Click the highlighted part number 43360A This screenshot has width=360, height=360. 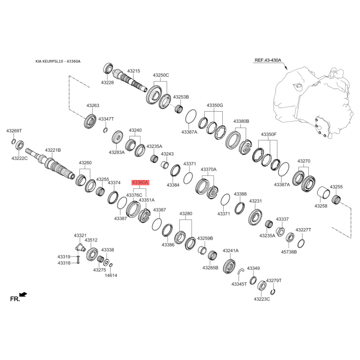pos(140,183)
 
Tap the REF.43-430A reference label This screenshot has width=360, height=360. pos(268,60)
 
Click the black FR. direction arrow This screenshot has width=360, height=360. pos(23,294)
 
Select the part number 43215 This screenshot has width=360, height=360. pos(134,71)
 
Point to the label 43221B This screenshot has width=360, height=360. pos(53,150)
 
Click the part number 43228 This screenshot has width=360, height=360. pos(108,82)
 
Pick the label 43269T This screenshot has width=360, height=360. pos(14,131)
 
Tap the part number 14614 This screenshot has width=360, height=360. pos(111,275)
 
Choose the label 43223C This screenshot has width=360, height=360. pos(262,299)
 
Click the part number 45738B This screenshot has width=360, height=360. pos(289,252)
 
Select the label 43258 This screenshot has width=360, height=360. pos(321,206)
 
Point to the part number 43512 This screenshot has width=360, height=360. pos(91,240)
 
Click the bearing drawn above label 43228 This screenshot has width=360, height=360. pos(108,68)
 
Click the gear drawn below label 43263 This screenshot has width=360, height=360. pos(90,121)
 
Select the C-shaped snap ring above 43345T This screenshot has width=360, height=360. pos(240,271)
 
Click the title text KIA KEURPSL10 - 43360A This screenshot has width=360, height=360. pos(58,61)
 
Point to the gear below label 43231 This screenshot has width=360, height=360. pos(255,217)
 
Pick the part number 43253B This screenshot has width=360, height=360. pos(181,97)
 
